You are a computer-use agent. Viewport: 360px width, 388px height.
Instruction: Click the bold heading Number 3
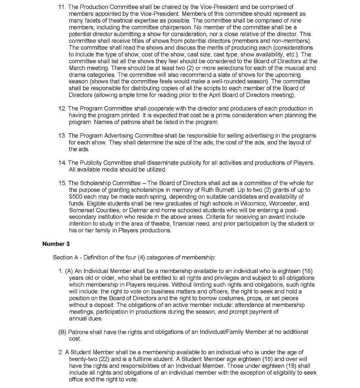click(56, 244)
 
